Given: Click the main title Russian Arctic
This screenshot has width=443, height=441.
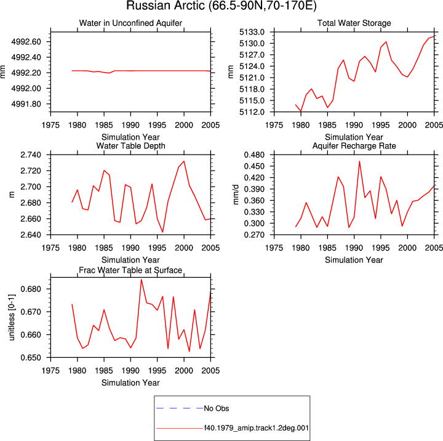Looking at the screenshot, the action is click(x=221, y=6).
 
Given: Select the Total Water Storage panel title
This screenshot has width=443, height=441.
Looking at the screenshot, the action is click(x=354, y=23).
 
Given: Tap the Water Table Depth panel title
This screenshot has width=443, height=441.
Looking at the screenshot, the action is click(x=130, y=146).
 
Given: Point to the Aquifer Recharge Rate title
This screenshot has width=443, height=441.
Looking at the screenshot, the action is click(x=354, y=146).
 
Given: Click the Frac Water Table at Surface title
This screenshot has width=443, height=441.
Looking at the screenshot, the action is click(x=130, y=270).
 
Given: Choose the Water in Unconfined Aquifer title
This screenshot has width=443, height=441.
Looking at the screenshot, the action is click(x=130, y=23).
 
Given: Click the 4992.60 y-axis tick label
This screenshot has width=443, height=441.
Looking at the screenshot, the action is click(x=26, y=42).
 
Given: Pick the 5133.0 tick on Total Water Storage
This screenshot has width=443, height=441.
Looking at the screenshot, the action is click(x=252, y=32).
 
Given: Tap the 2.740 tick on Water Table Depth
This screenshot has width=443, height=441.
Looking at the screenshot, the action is click(x=31, y=155).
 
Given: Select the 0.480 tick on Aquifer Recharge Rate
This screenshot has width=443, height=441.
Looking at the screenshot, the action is click(x=254, y=155).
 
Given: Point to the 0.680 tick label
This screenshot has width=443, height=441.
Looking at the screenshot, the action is click(x=31, y=289).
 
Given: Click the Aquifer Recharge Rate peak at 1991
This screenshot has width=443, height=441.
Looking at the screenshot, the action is click(x=359, y=161).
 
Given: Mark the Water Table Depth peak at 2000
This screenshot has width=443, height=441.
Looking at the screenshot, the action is click(x=184, y=161).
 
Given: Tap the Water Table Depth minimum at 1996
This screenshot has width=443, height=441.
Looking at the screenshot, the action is click(x=162, y=232).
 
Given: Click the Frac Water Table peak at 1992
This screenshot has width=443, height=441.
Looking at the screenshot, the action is click(x=142, y=280).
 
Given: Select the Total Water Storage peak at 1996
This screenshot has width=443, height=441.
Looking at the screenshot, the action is click(x=386, y=42).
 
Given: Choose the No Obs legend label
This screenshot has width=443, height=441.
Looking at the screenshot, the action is click(x=217, y=408).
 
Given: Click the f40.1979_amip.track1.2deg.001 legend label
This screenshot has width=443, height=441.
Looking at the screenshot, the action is click(x=256, y=428).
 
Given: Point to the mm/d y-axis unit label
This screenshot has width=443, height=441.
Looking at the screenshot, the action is click(x=236, y=195).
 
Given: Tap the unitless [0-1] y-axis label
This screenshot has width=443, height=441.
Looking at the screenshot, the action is click(x=11, y=317).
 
